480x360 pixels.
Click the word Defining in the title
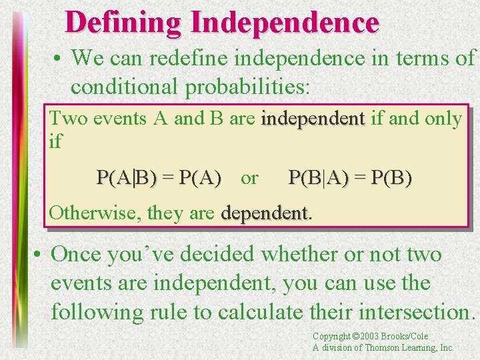(123, 22)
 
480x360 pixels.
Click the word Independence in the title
(285, 22)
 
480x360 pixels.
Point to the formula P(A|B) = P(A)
(159, 177)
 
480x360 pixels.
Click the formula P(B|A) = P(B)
(350, 177)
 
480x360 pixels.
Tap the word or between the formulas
(249, 178)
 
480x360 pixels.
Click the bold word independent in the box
(313, 119)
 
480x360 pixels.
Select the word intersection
(407, 312)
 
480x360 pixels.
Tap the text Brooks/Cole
(407, 337)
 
